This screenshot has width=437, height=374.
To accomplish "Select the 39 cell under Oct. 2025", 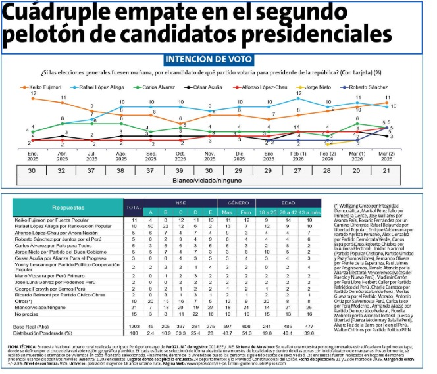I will pyautogui.click(x=180, y=170).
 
